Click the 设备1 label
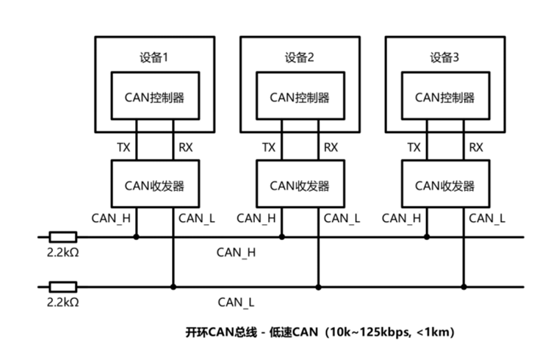coord(154,57)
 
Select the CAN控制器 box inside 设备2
coord(300,97)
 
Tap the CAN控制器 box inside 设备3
coord(444,97)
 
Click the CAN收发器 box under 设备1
coord(154,185)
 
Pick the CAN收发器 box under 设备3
coord(444,185)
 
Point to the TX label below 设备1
coord(123,148)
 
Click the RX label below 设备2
coord(331,148)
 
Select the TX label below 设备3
coord(414,148)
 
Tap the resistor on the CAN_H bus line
coord(62,237)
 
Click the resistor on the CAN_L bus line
coord(62,286)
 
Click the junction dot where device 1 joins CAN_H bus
coord(137,237)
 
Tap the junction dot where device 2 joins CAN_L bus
coord(317,286)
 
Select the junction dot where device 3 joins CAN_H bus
coord(427,237)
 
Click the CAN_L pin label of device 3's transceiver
coord(487,218)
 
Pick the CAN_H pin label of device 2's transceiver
coord(256,218)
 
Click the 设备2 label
coord(300,57)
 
